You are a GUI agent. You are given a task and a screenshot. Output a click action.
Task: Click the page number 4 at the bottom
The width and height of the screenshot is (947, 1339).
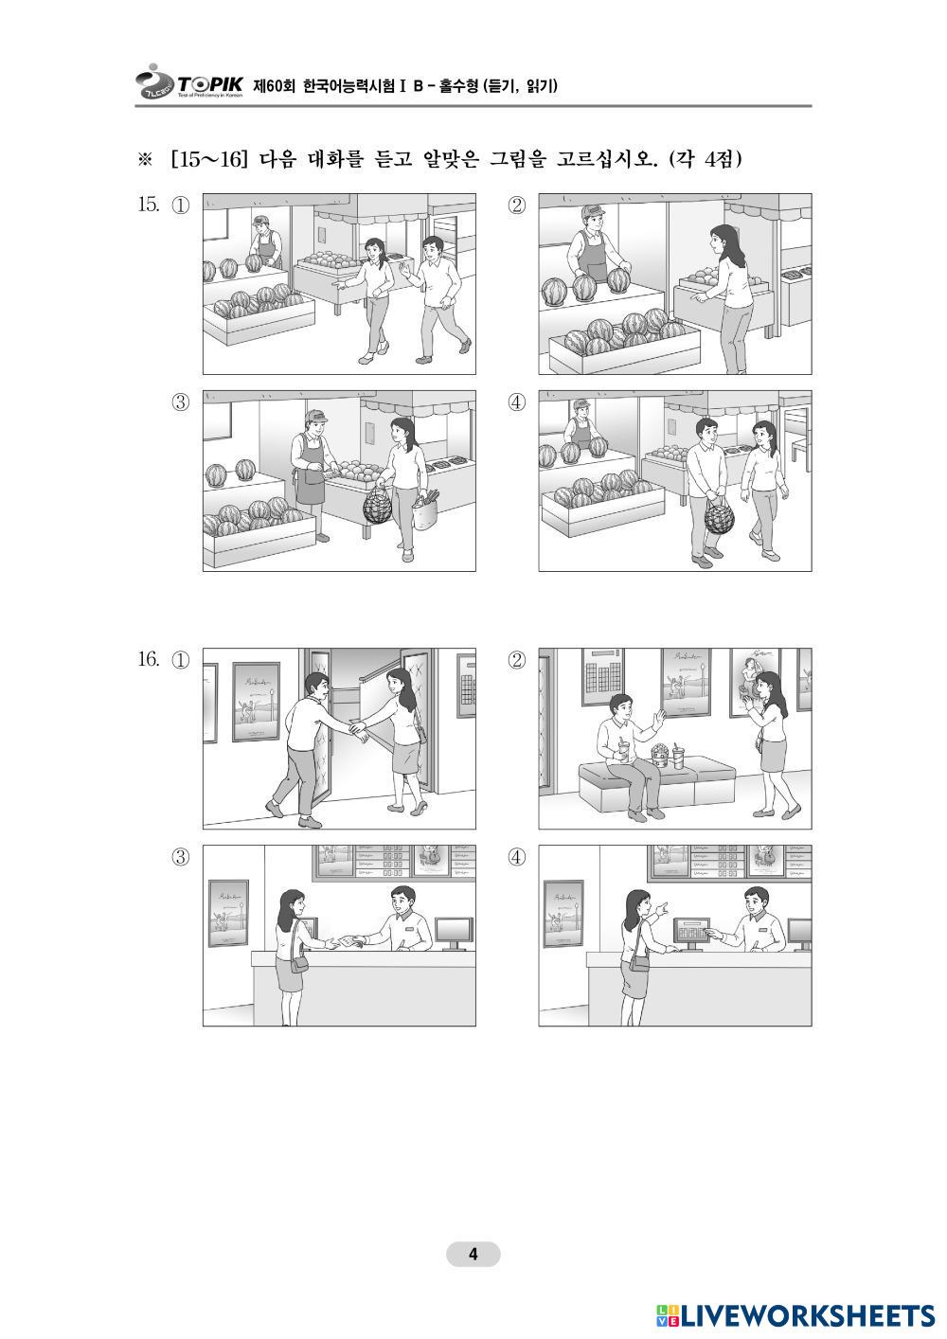pos(473,1254)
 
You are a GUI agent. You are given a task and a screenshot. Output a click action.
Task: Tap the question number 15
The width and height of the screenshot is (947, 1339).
pos(149,205)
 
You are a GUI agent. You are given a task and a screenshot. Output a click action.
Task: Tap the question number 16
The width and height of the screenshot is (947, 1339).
pos(149,659)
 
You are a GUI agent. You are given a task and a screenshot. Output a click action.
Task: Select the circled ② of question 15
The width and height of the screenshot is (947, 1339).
pos(516,205)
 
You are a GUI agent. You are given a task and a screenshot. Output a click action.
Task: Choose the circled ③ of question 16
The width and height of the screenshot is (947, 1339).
pos(181,857)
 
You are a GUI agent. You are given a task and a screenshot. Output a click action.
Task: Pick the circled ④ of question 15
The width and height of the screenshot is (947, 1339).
pos(516,402)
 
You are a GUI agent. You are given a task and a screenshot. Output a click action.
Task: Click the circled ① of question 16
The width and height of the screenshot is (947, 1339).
pos(181,660)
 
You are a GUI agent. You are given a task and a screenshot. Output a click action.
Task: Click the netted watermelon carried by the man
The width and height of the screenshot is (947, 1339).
pos(719,516)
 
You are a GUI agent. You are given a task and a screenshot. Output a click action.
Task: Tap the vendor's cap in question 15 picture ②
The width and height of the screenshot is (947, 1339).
pos(593,210)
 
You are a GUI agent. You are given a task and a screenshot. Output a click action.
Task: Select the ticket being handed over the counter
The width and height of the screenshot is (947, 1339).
pos(345,940)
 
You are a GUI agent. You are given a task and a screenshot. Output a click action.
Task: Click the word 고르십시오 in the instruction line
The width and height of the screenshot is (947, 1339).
pos(604,159)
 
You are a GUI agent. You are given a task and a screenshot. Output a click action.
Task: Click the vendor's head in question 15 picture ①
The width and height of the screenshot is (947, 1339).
pos(261,224)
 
